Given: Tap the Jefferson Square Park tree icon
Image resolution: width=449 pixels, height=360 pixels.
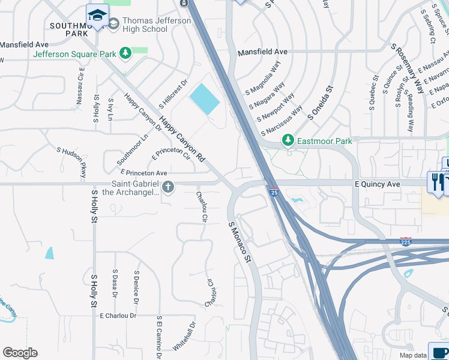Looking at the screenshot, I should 125,54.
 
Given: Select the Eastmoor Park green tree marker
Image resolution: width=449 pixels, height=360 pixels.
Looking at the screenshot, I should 288,140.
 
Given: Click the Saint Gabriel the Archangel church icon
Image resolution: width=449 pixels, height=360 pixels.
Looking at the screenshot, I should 167,187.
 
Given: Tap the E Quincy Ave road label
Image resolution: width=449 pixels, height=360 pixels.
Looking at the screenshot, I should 377,184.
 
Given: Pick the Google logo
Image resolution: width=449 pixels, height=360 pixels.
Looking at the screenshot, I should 20,353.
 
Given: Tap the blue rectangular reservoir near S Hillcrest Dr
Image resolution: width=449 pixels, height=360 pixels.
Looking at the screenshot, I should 205,99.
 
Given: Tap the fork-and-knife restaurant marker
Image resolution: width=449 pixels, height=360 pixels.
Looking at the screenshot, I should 436,182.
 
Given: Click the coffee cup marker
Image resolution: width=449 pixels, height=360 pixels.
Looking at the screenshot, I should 438,352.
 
